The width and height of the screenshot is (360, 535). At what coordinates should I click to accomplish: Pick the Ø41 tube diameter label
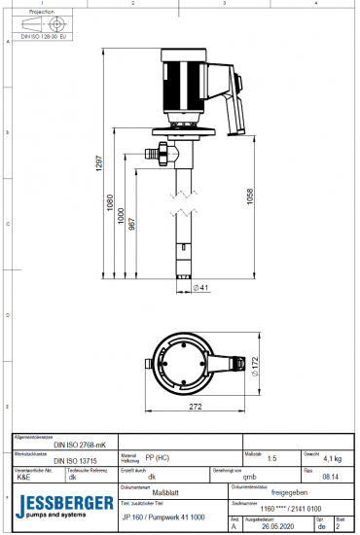pyautogui.click(x=201, y=287)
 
